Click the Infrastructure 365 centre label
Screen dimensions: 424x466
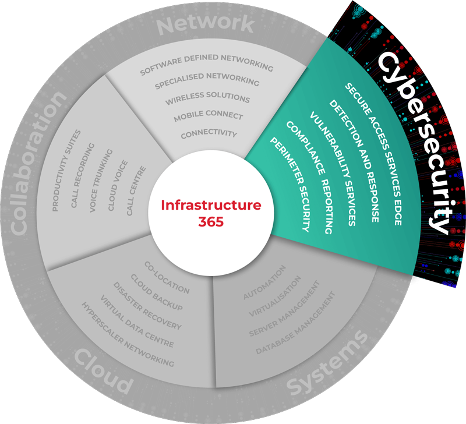coord(211,214)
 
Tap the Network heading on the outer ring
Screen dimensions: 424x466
coord(206,24)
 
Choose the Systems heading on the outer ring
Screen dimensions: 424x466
coord(330,361)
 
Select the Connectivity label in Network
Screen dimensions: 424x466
coord(209,133)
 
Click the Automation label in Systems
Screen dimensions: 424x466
coord(264,283)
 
